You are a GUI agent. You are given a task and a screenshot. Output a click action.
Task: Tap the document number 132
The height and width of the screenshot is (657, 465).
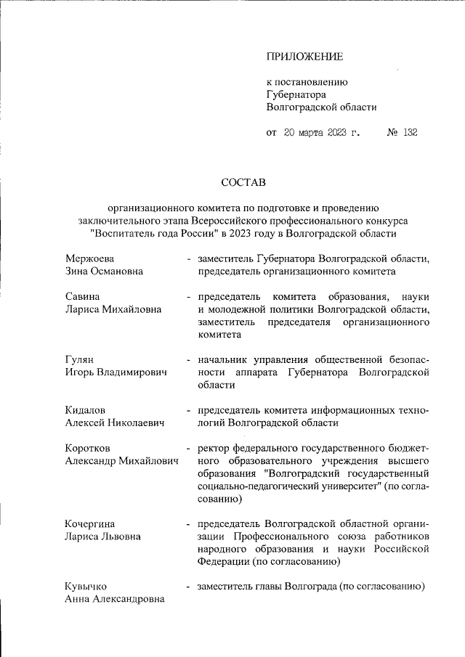[x=410, y=132]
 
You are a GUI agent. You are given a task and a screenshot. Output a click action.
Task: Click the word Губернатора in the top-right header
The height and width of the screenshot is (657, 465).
[x=296, y=94]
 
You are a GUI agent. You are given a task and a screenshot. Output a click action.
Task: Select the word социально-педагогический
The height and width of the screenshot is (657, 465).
[x=254, y=486]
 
